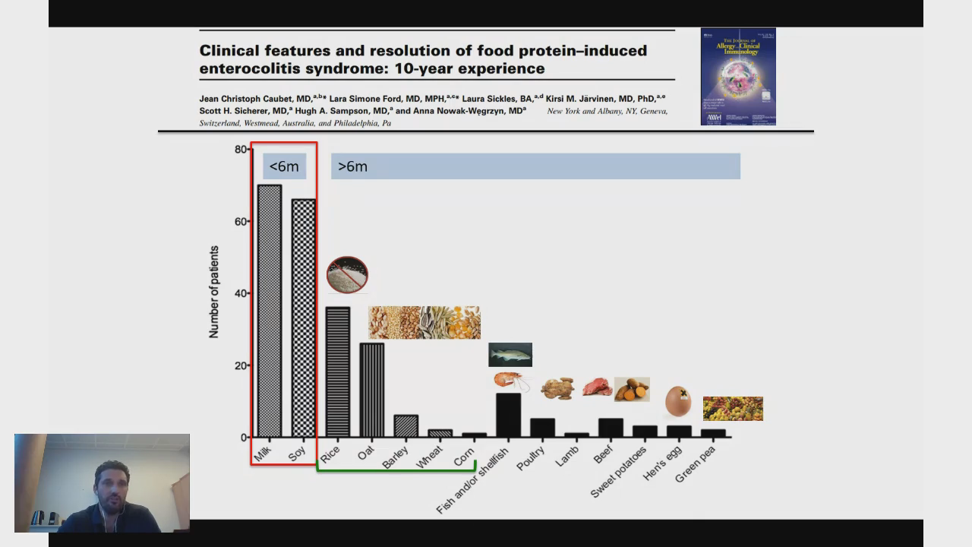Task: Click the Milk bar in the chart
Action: [269, 311]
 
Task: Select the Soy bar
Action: [303, 319]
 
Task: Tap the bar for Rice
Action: [337, 372]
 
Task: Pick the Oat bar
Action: [371, 390]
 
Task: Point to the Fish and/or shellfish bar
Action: [508, 415]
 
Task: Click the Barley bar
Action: [406, 426]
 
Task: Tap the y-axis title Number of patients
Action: [214, 292]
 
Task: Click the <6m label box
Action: [284, 166]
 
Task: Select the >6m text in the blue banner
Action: [352, 166]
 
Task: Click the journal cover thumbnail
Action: [738, 76]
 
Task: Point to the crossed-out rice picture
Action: [347, 274]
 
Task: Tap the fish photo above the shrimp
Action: [510, 354]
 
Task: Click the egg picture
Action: [678, 400]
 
